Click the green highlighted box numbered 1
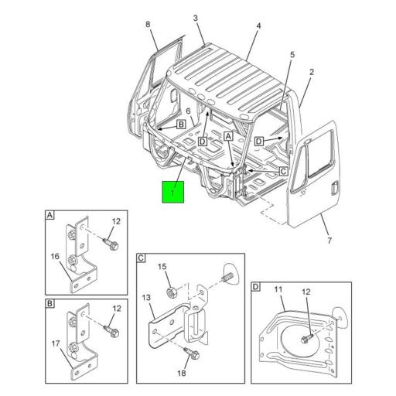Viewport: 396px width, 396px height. (172, 191)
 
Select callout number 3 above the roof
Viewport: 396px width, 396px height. (196, 18)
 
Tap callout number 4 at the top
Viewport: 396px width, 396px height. (258, 26)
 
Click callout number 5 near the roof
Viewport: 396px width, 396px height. (292, 54)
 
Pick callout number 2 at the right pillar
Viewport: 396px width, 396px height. (311, 73)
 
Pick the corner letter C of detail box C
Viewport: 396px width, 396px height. (142, 258)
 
